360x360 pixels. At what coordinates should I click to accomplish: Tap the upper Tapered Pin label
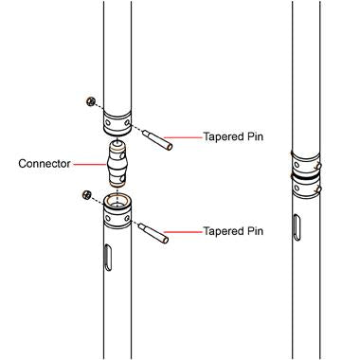pyautogui.click(x=233, y=136)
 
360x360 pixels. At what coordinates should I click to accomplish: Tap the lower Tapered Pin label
pyautogui.click(x=233, y=230)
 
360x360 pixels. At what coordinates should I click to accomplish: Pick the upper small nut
pyautogui.click(x=88, y=101)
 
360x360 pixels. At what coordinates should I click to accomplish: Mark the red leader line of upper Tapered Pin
pyautogui.click(x=188, y=136)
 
